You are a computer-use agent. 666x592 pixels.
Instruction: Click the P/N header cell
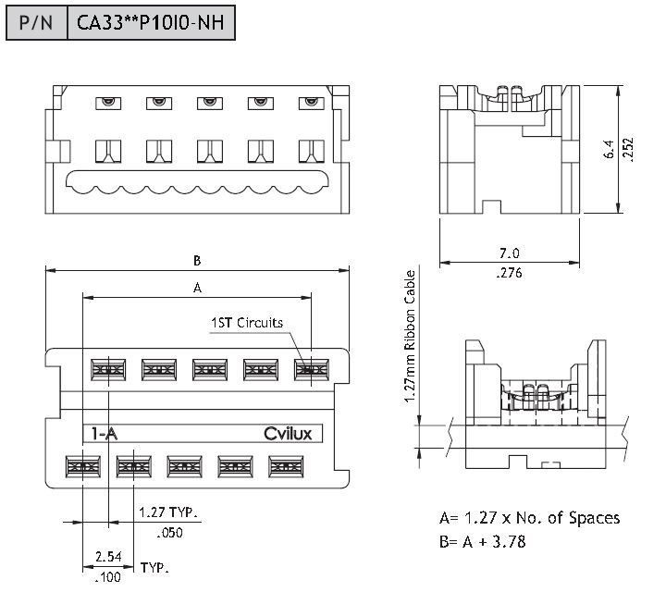click(x=36, y=22)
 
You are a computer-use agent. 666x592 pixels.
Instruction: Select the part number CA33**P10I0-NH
click(x=152, y=22)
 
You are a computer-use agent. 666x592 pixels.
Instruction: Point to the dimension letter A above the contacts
click(x=196, y=288)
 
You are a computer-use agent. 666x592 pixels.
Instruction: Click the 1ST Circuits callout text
click(x=247, y=323)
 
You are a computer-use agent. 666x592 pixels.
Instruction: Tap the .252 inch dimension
click(x=628, y=149)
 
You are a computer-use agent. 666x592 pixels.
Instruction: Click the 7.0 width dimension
click(x=509, y=253)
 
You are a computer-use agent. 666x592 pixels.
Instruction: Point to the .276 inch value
click(x=509, y=273)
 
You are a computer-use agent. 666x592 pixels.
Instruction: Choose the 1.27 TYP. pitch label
click(x=169, y=512)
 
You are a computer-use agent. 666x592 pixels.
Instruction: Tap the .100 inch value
click(x=107, y=578)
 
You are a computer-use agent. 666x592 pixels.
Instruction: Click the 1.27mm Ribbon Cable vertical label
click(x=410, y=337)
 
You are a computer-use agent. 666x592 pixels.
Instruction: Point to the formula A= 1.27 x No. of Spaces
click(x=529, y=518)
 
